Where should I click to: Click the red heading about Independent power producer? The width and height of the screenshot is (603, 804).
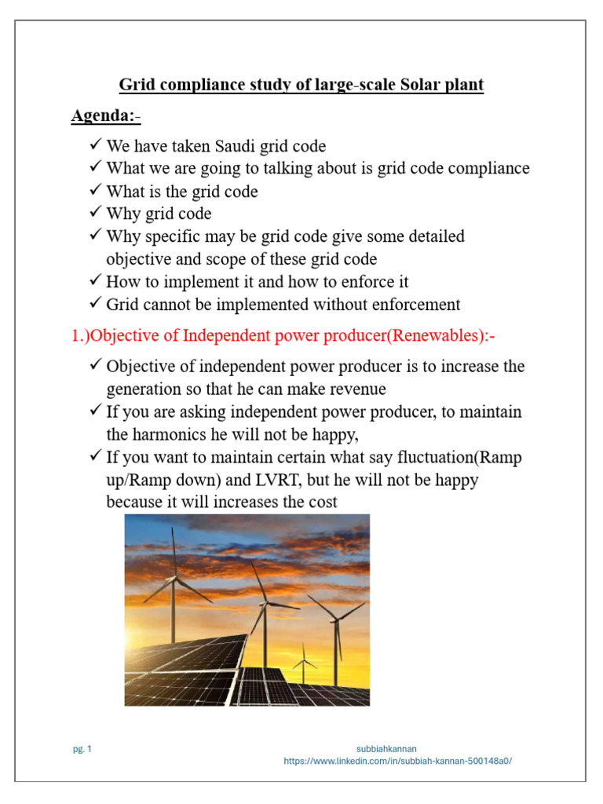click(283, 336)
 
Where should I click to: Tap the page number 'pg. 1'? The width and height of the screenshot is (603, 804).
click(82, 749)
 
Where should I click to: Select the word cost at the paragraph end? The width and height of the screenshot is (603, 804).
click(322, 501)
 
